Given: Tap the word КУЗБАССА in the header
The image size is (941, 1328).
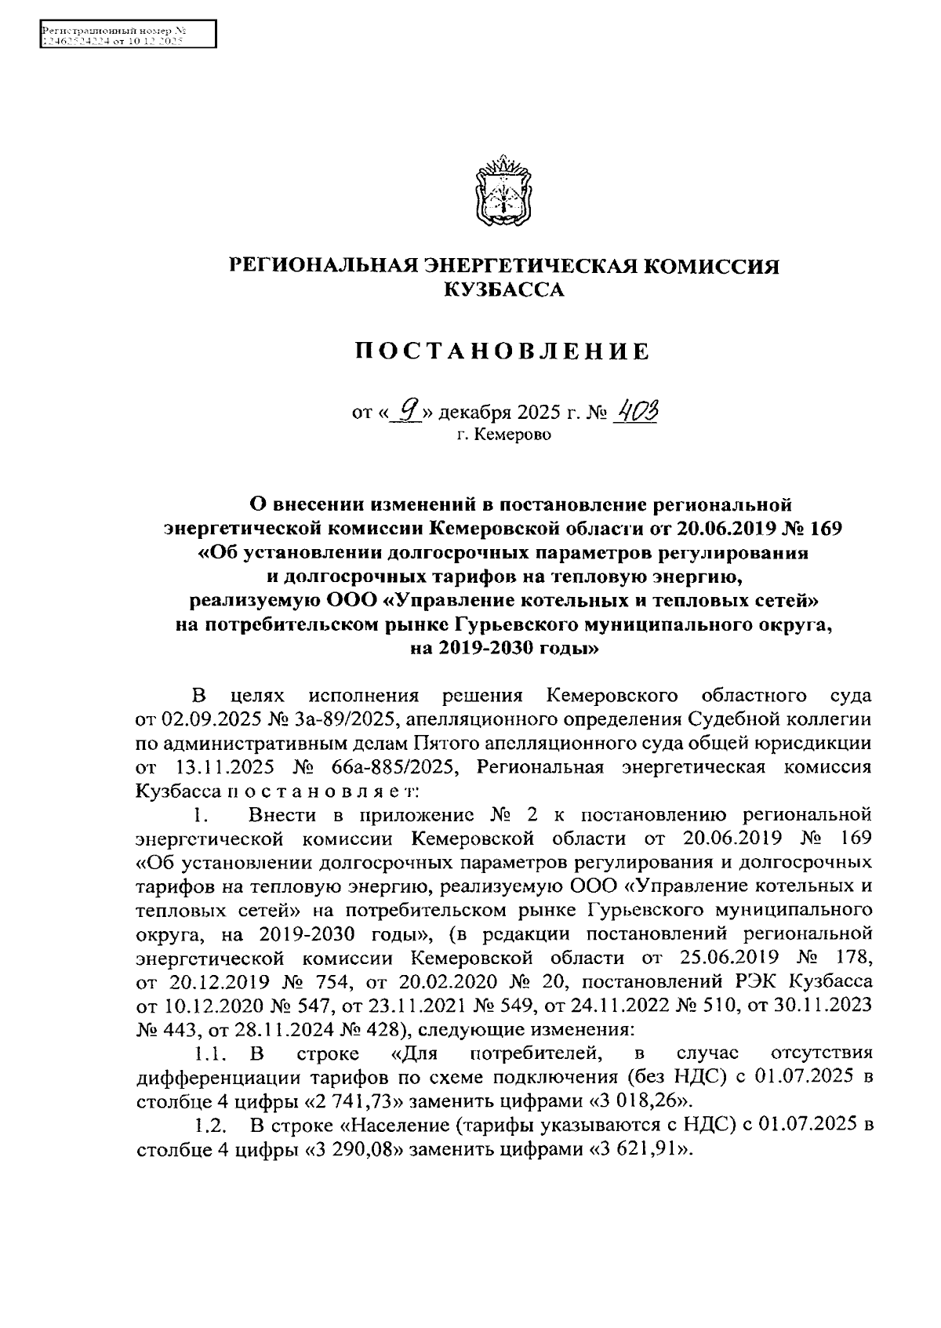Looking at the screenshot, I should pyautogui.click(x=504, y=290).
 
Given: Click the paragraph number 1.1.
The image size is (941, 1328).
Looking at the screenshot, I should pyautogui.click(x=211, y=1052).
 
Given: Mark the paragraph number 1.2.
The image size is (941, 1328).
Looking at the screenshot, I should pyautogui.click(x=212, y=1127).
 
